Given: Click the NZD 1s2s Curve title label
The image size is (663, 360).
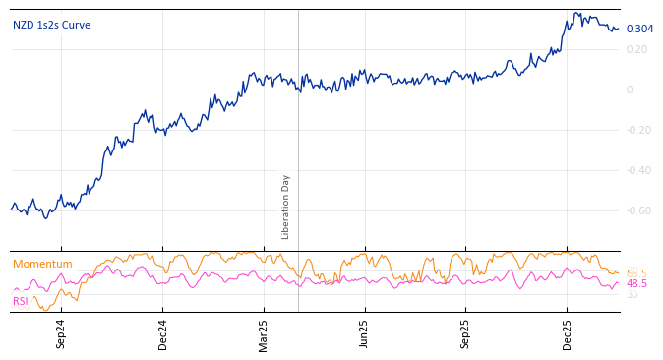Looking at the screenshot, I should [51, 26].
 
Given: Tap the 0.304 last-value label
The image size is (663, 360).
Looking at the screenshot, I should [639, 29].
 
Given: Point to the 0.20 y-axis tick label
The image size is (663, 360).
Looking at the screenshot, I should [636, 49].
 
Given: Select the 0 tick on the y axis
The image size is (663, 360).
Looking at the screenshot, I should [630, 90].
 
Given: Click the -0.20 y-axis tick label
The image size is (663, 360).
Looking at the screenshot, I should [637, 130].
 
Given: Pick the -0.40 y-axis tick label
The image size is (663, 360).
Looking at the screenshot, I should [637, 170].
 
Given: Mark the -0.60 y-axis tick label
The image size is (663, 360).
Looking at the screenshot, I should [637, 210].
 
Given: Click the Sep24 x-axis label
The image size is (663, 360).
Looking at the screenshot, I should [61, 333].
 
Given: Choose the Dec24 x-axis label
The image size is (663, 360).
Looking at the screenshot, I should [162, 333].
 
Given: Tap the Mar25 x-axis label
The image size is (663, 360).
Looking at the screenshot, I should [264, 333].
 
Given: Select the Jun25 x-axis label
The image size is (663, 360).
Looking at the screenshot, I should [364, 333].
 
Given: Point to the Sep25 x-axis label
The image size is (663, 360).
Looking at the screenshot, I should [465, 333].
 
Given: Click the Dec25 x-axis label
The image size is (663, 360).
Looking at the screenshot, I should [567, 333].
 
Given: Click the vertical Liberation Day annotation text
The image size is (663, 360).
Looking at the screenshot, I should [286, 207].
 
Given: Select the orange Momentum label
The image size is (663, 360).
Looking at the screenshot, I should [42, 264].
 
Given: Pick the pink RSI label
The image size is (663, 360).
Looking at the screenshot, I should [21, 302].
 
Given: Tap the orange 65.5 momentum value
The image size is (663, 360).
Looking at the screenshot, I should [636, 273].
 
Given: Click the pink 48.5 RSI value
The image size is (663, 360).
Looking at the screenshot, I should [636, 283].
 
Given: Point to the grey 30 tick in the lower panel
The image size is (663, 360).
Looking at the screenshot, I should [633, 295].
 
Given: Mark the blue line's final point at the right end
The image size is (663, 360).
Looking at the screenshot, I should [618, 29].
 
